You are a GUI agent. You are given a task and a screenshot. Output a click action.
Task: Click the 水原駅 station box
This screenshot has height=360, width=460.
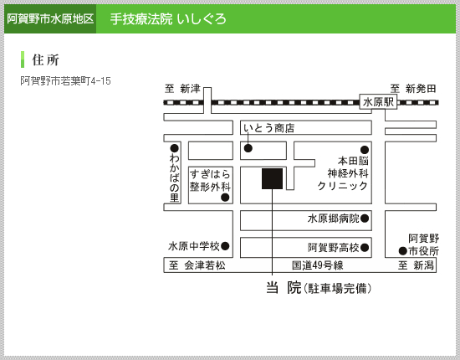378,102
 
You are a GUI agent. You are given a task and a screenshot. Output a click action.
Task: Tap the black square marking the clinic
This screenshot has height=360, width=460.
273,178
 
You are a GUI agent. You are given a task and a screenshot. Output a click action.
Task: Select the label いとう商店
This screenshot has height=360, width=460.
268,128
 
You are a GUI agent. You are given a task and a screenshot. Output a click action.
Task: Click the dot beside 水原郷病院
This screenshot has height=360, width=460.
365,219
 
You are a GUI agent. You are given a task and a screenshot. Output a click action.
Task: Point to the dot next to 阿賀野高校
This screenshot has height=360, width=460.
365,248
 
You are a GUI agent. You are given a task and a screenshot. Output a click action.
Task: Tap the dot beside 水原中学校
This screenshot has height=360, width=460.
225,246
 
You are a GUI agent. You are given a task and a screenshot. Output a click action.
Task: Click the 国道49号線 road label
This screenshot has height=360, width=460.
318,265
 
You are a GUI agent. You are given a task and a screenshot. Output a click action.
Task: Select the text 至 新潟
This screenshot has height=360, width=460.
416,265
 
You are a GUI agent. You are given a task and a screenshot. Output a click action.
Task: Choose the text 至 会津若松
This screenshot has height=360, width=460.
197,265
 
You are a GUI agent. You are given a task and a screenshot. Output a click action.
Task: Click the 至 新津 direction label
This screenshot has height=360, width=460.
182,89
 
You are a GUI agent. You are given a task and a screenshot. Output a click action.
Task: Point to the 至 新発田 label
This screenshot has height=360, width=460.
413,89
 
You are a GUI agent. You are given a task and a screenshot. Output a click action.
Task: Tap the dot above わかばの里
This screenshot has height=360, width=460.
174,148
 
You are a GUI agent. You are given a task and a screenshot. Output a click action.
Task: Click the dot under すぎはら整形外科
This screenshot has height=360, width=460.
225,198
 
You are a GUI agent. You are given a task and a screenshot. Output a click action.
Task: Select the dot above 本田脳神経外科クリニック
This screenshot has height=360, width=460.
365,150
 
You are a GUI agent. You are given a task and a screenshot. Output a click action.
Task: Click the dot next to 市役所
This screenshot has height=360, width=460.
403,251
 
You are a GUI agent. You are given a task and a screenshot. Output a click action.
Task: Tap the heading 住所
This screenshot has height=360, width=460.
45,60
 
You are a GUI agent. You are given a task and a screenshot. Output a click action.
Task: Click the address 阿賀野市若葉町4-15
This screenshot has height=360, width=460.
66,80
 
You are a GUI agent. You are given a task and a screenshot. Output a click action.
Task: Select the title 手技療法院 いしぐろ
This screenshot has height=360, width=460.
168,19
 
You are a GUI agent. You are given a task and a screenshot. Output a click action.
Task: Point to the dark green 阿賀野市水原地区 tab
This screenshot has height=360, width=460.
50,18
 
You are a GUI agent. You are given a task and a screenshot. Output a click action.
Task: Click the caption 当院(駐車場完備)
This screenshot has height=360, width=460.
319,288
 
